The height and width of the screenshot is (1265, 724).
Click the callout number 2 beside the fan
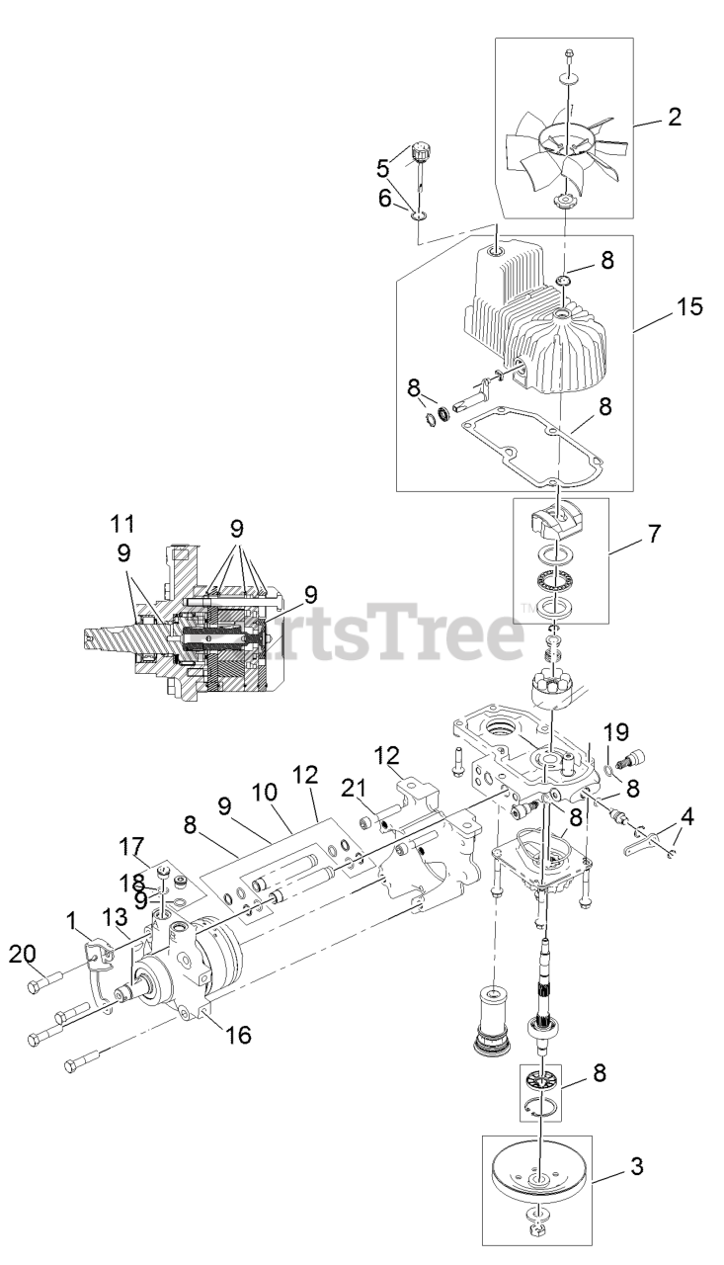pyautogui.click(x=674, y=117)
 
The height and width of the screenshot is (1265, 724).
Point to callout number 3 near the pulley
pyautogui.click(x=637, y=1167)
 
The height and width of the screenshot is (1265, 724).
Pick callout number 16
pyautogui.click(x=237, y=1035)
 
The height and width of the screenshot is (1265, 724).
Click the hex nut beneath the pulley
pyautogui.click(x=542, y=1231)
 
